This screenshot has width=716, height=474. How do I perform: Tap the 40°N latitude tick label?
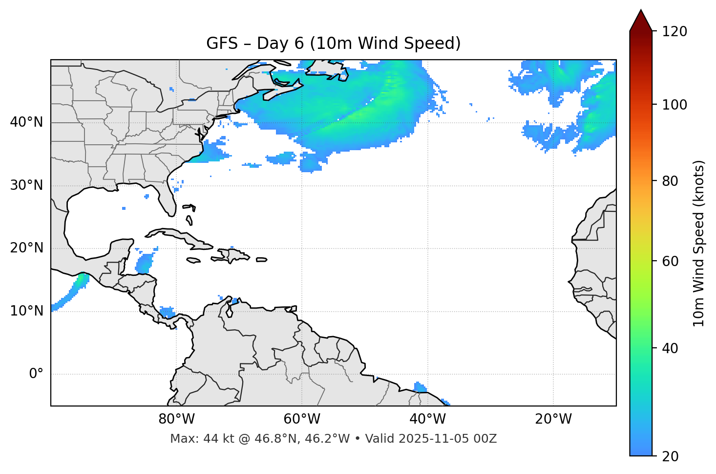click(x=26, y=122)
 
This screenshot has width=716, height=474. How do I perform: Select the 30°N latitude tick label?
click(x=26, y=185)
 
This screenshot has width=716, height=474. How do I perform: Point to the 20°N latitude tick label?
click(x=26, y=248)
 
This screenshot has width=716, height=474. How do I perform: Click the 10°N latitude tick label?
click(x=26, y=311)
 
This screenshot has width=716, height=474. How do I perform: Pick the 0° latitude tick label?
click(x=36, y=374)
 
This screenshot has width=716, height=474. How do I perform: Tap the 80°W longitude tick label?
click(x=176, y=419)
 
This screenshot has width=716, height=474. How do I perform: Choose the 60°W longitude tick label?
click(x=302, y=419)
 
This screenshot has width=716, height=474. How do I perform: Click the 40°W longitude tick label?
click(x=427, y=419)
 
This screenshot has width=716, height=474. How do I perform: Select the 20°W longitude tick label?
click(x=553, y=419)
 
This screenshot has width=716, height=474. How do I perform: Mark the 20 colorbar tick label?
click(x=670, y=456)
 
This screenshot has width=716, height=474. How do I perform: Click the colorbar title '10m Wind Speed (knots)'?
click(x=699, y=244)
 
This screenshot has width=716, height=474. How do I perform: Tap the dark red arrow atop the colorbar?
click(x=641, y=21)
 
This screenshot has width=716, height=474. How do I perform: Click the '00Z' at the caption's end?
click(x=486, y=439)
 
